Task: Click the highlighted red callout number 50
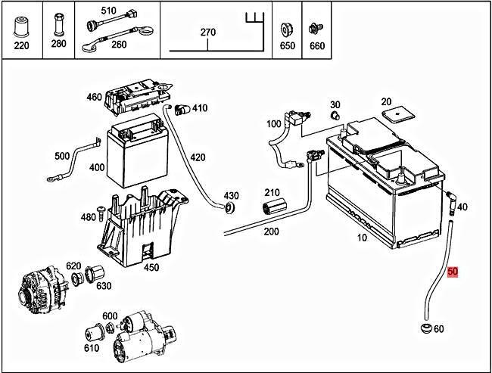point(453,271)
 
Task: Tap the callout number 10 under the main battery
point(362,238)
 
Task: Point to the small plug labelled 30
point(333,116)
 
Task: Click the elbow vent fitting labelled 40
point(451,200)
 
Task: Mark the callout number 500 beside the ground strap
point(62,156)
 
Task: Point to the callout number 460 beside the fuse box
point(94,97)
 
